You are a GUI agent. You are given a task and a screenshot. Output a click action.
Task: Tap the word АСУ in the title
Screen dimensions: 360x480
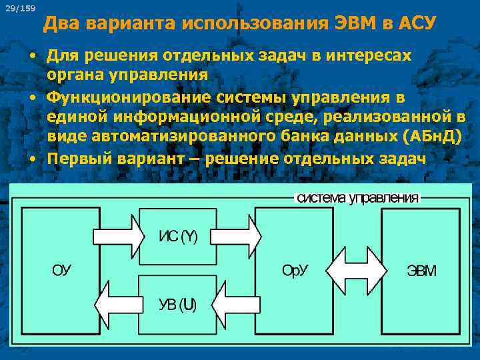tap(417, 25)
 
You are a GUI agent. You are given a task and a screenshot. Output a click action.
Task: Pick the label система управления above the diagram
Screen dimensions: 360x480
tap(357, 198)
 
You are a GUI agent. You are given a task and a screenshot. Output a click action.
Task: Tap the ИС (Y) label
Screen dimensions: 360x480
tap(177, 237)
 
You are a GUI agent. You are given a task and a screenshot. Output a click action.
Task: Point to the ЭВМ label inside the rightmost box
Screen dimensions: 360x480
tap(421, 271)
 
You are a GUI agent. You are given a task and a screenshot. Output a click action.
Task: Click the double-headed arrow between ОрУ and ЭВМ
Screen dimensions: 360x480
tap(356, 271)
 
